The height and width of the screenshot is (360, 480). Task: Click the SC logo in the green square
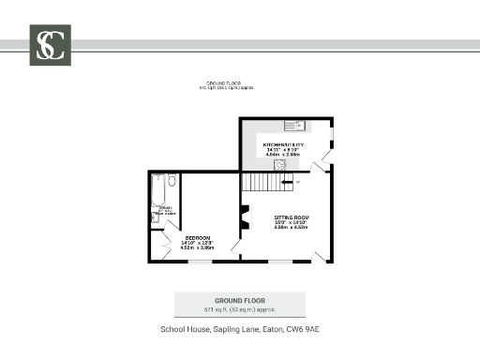50,45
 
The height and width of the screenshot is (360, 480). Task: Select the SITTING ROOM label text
291,217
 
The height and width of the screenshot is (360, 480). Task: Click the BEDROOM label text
197,237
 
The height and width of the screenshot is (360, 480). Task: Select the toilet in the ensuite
171,181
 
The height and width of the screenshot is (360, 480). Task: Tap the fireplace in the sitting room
245,217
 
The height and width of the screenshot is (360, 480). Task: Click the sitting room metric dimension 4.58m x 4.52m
291,227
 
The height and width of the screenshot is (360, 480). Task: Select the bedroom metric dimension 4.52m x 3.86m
197,247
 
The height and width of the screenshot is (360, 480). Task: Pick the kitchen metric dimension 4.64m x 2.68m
283,155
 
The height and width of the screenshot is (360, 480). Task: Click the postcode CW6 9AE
305,329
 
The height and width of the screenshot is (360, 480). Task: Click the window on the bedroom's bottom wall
200,262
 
